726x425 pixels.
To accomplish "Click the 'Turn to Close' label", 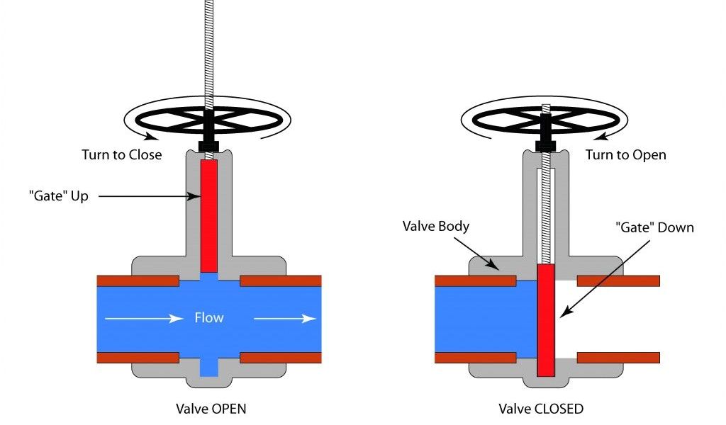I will [121, 154].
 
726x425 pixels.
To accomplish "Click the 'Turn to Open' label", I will [625, 154].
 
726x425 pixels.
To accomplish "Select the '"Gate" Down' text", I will [653, 228].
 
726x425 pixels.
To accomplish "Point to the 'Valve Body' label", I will [436, 227].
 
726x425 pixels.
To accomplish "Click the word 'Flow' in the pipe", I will [209, 318].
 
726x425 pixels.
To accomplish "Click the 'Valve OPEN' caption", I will [211, 409].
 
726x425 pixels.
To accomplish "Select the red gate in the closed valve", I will [545, 319].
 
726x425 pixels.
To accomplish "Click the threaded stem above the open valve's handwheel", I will [209, 50].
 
